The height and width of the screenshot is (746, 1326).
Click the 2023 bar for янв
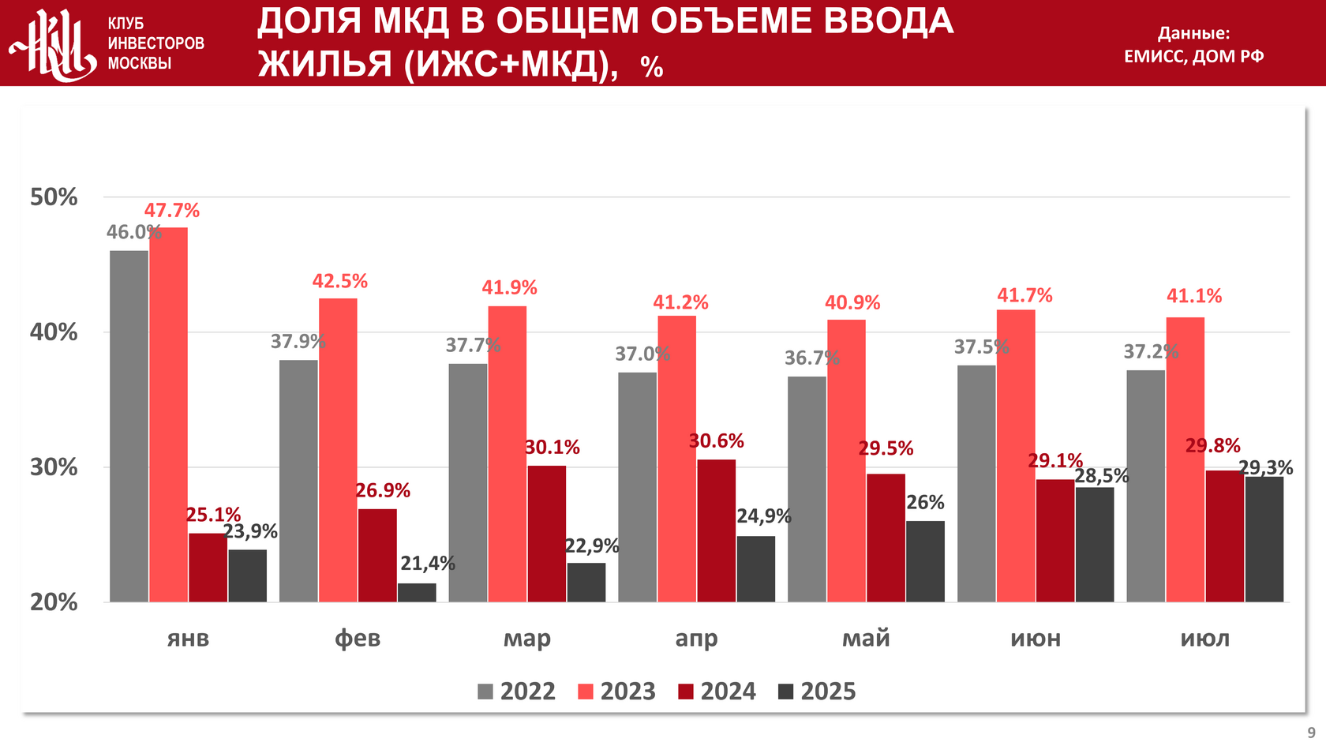[x=168, y=414]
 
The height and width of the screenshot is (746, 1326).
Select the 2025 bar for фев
[x=417, y=593]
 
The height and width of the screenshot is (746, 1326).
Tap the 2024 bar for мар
[x=547, y=534]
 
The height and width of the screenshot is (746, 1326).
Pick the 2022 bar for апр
[x=637, y=487]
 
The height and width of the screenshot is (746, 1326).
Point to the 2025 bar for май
[x=925, y=561]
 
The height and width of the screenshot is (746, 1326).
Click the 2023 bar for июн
[x=1016, y=455]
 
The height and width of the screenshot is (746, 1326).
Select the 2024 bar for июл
[x=1225, y=536]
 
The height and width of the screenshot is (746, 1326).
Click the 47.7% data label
[x=171, y=211]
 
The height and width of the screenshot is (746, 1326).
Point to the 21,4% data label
[x=428, y=564]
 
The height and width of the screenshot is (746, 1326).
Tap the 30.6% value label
[x=716, y=441]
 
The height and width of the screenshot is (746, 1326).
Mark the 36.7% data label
[x=811, y=358]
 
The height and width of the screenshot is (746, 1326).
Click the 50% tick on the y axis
[x=54, y=197]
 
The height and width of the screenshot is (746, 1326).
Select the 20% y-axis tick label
[x=54, y=602]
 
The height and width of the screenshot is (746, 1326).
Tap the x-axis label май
[x=866, y=638]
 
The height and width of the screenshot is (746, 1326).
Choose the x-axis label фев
[x=358, y=638]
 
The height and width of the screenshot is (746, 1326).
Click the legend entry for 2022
[x=517, y=692]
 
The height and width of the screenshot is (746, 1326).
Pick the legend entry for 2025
[x=817, y=692]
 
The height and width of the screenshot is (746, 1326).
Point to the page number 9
[x=1311, y=733]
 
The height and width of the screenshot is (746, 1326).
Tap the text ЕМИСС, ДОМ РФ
[x=1193, y=56]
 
